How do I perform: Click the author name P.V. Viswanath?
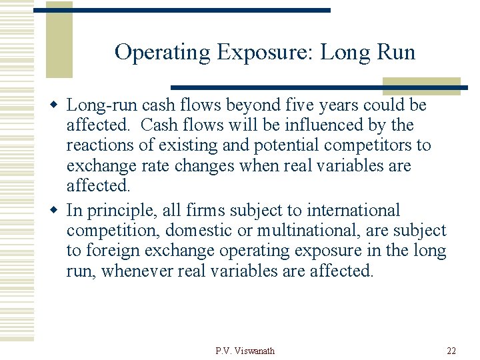point(245,351)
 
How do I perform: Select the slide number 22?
point(452,351)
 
